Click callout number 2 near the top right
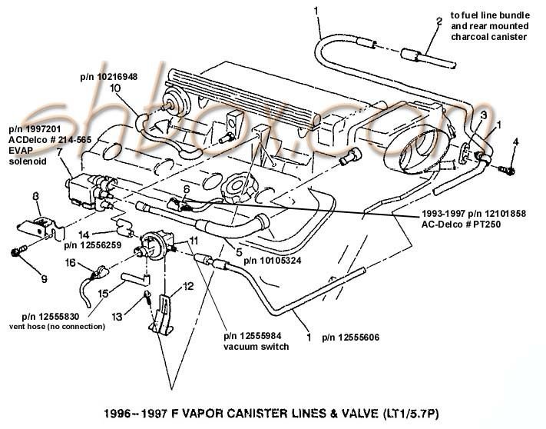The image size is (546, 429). (438, 21)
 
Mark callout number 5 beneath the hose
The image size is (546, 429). (239, 251)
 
